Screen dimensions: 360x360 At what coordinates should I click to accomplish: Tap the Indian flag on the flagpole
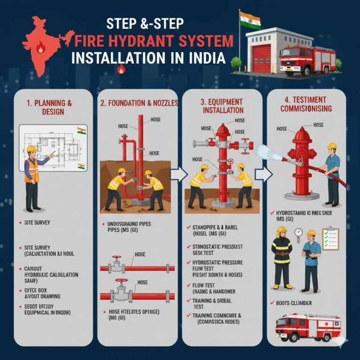[249, 20]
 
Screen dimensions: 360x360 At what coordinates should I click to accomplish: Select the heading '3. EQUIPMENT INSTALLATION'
[223, 105]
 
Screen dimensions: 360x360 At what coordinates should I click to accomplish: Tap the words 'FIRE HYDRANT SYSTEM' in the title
[154, 43]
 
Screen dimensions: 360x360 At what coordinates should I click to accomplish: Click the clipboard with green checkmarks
[330, 239]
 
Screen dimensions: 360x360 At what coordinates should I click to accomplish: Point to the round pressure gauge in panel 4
[299, 233]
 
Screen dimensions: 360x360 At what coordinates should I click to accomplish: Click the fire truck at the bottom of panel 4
[307, 327]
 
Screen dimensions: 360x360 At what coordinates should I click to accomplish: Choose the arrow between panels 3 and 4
[263, 175]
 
